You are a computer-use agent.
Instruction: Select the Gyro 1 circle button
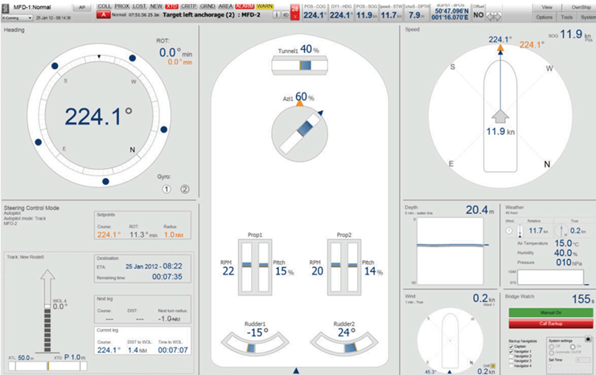(167, 189)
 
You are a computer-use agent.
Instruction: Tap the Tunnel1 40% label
(298, 50)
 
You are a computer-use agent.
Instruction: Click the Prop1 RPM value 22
(228, 271)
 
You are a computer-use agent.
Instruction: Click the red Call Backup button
(551, 323)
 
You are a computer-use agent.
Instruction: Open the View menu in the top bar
(545, 6)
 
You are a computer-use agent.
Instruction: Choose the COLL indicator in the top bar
(105, 6)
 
